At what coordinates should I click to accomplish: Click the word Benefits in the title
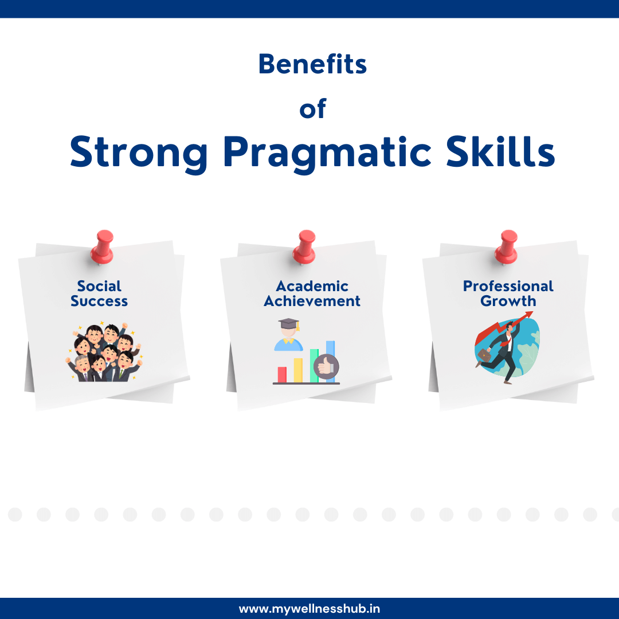click(x=312, y=64)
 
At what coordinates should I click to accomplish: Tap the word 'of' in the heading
click(x=312, y=109)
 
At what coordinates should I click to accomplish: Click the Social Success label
click(x=99, y=293)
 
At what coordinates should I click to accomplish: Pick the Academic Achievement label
click(x=312, y=293)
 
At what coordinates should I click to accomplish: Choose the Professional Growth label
click(x=508, y=293)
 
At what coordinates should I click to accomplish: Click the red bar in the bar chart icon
click(x=282, y=374)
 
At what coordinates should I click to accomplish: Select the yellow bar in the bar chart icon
click(x=298, y=370)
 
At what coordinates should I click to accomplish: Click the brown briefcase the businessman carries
click(x=484, y=356)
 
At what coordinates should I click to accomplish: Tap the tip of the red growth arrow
click(x=530, y=314)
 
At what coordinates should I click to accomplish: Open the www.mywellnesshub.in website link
click(x=309, y=609)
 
